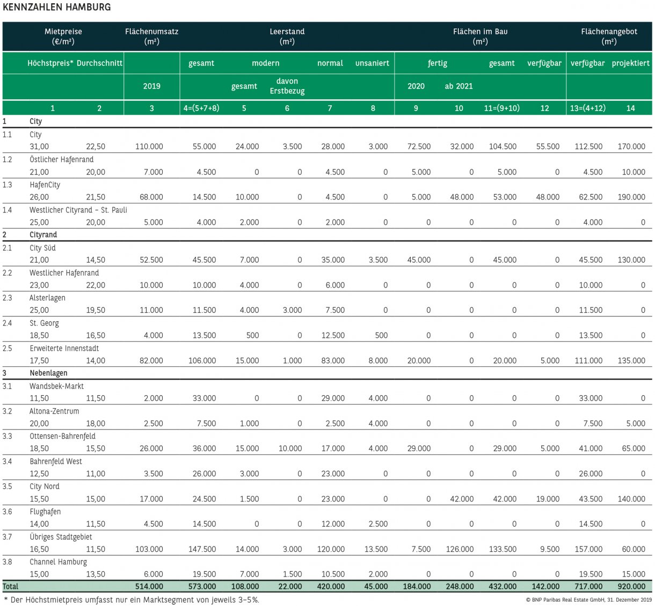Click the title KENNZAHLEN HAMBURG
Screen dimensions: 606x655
57,7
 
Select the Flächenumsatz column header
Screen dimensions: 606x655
151,36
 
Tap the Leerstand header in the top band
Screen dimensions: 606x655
287,36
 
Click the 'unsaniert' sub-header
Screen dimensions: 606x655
372,63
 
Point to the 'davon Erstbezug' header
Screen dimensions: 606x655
287,86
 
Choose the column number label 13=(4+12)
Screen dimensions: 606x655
587,108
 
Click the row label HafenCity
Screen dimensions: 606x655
45,185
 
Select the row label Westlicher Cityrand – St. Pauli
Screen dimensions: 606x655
78,210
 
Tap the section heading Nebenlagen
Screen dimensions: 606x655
48,373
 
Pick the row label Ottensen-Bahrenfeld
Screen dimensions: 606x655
62,437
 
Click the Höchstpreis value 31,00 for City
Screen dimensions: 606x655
39,146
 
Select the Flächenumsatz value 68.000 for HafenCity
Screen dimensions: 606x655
151,197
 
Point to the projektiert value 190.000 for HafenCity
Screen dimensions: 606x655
631,197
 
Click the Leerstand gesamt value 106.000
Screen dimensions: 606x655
202,361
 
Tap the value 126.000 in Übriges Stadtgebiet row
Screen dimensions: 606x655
460,549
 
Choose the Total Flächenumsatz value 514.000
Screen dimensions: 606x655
149,587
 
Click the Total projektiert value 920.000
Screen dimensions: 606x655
631,587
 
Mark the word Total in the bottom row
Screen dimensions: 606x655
11,587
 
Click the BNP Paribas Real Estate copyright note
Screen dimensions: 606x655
588,600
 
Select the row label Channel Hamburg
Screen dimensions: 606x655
58,562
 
